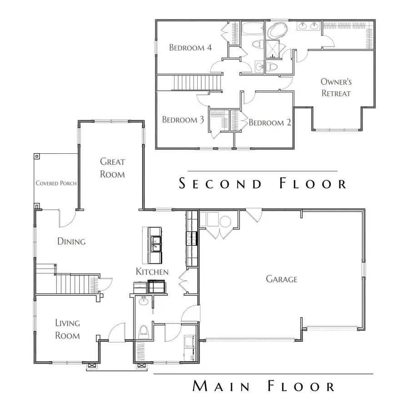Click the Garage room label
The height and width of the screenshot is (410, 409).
coord(282,279)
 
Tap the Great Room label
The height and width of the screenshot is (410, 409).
coord(112,167)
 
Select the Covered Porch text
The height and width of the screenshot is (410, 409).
coord(56,183)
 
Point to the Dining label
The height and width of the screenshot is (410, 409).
coord(71,241)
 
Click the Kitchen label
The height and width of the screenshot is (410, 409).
coord(152,272)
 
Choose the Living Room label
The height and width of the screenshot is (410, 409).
coord(67,329)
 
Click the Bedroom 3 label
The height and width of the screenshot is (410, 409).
coord(183,120)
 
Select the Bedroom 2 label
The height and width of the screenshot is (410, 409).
coord(270,122)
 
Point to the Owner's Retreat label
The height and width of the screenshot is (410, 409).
coord(336,87)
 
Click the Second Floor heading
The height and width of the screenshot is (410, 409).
coord(263,184)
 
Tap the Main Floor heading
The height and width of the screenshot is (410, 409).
coord(264,386)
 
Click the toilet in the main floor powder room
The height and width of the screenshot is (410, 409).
coord(144,331)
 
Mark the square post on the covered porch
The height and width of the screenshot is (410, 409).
coord(36,155)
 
